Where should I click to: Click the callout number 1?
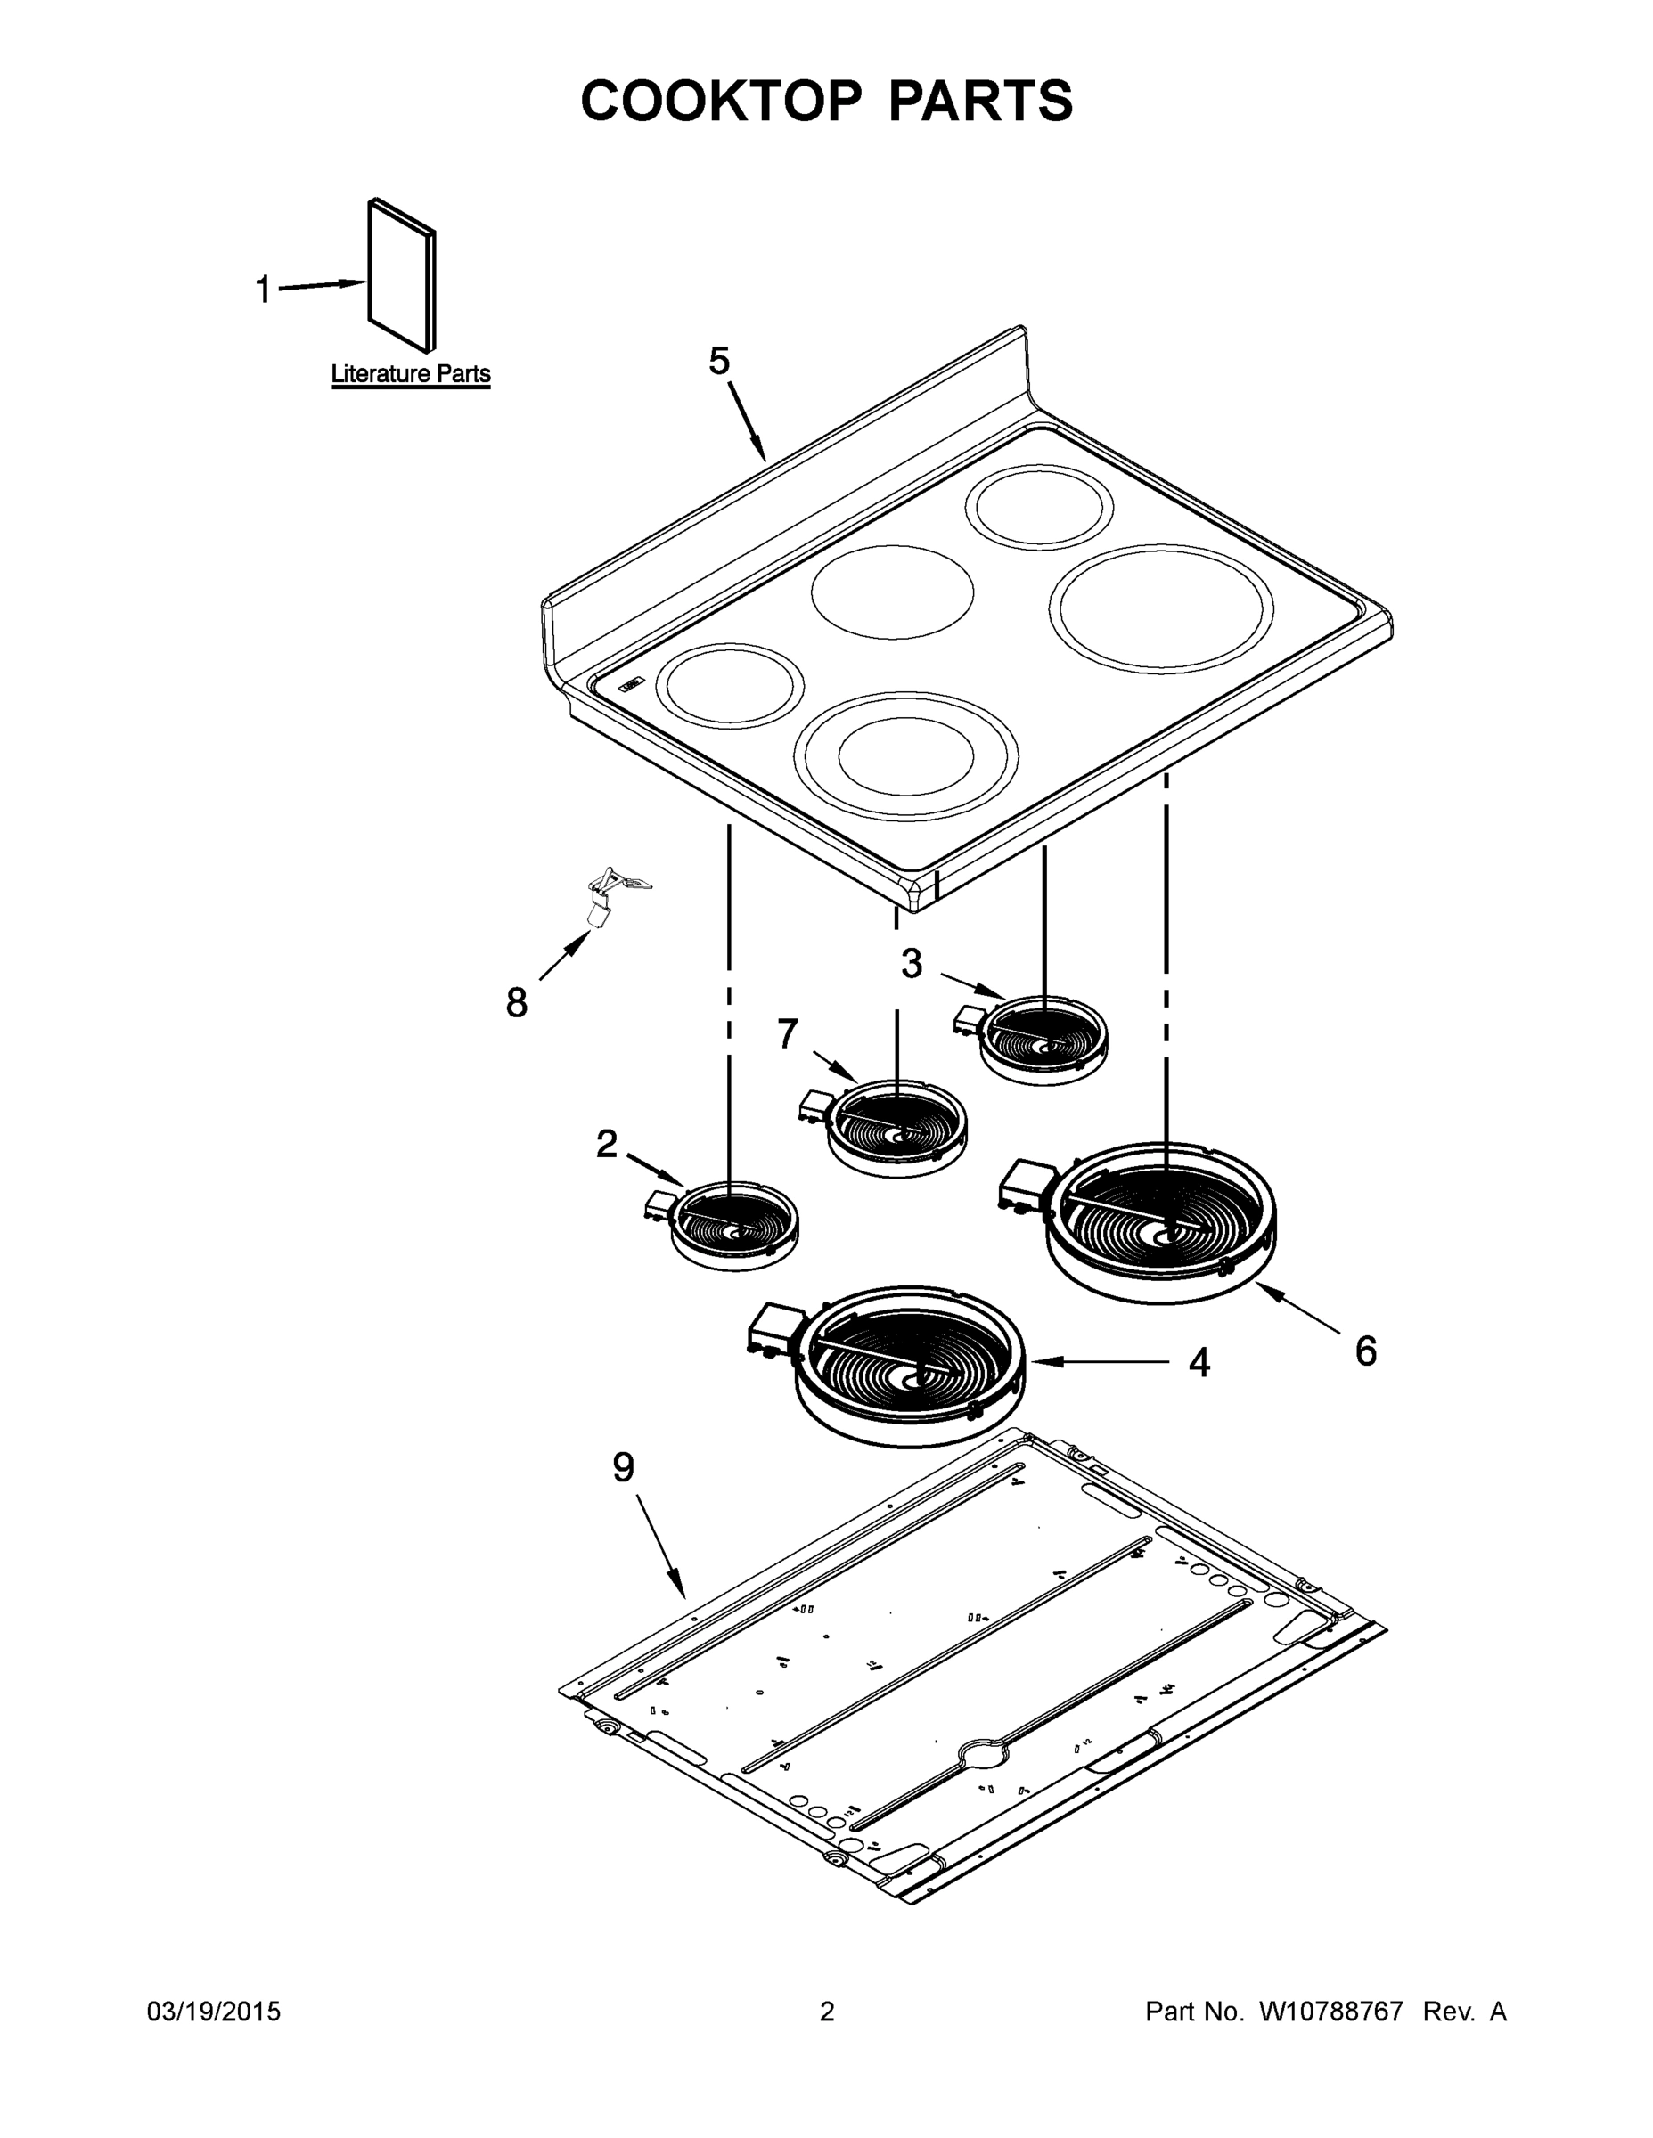(x=263, y=290)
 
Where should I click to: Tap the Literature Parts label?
(x=410, y=374)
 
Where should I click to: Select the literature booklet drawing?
(x=402, y=275)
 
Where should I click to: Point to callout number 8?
(x=516, y=1002)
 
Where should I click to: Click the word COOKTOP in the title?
(x=722, y=101)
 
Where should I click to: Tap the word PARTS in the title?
(x=979, y=101)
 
